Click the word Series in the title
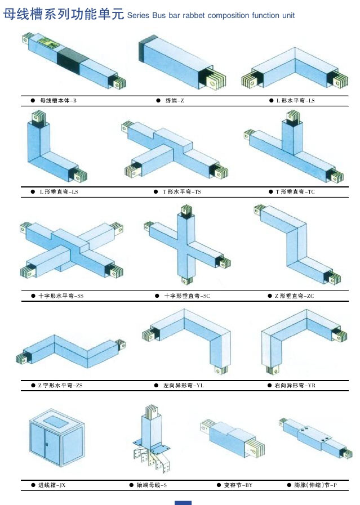[138, 15]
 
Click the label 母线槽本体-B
[58, 100]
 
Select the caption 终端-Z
[175, 100]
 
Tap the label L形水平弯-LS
[296, 100]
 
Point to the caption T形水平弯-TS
[182, 191]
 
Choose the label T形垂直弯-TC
[295, 191]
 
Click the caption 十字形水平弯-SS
[61, 296]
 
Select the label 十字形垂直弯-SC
[187, 296]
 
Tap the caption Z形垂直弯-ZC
[294, 296]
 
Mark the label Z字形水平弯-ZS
[60, 385]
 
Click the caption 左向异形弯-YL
[184, 385]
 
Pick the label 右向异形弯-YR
[295, 385]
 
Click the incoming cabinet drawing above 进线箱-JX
[57, 437]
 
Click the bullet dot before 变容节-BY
[219, 485]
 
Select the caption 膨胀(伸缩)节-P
[315, 485]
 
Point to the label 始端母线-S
[152, 485]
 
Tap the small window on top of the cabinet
[55, 422]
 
